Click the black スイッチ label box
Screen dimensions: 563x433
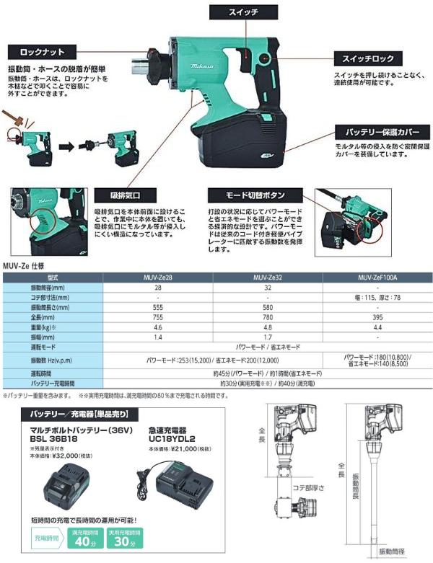click(x=242, y=13)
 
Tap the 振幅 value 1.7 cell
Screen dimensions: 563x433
click(x=268, y=336)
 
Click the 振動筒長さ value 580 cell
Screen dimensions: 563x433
click(x=268, y=306)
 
